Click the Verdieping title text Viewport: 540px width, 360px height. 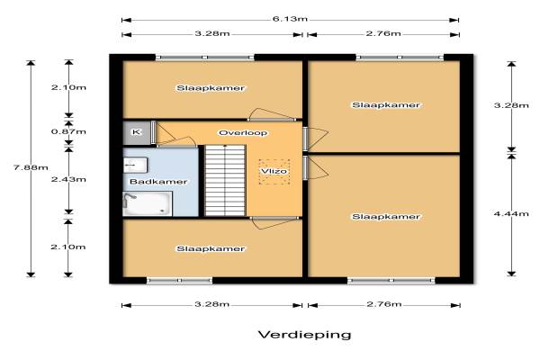point(305,335)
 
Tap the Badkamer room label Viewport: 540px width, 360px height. point(158,182)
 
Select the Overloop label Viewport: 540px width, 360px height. point(243,132)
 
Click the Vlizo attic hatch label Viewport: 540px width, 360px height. point(274,171)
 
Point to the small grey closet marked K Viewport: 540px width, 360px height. point(137,132)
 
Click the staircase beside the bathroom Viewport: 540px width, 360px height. point(225,181)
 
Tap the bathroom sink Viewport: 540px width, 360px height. point(135,165)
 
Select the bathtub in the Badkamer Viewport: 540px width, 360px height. point(148,203)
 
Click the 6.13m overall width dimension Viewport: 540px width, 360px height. point(290,19)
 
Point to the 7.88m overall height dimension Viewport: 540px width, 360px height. point(31,167)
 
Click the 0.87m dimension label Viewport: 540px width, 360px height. point(68,131)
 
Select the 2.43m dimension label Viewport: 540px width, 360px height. point(68,179)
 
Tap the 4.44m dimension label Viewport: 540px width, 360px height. point(511,213)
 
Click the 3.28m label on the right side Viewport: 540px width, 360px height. point(511,105)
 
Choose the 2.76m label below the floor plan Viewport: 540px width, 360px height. point(384,304)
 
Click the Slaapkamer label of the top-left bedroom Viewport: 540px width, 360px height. point(211,88)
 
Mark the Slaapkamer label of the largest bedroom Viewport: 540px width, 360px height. point(386,217)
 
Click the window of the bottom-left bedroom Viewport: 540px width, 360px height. point(179,281)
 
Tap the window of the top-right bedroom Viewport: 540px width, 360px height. point(400,57)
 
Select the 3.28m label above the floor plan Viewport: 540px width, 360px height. point(212,33)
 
